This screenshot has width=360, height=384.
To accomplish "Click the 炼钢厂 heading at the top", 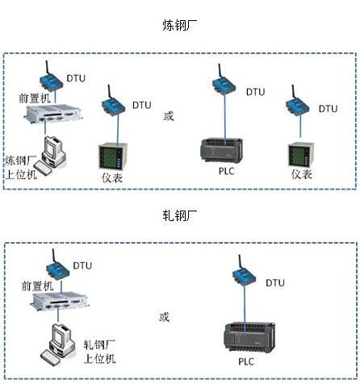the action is coord(179,25).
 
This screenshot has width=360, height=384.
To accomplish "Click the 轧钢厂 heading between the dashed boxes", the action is coord(179,215).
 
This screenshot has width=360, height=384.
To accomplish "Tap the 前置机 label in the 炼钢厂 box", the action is coord(35,98).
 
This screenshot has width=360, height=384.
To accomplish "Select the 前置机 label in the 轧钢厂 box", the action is coord(37,286).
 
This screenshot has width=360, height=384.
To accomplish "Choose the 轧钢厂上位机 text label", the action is coord(99,352).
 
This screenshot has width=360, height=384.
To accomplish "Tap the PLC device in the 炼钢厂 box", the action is coord(221,151).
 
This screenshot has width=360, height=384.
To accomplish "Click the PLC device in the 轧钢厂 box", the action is coord(249,337).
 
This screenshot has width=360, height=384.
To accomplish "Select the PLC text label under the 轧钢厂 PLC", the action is coord(246,361).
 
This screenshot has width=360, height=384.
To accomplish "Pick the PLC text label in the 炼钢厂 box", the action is coord(226,171).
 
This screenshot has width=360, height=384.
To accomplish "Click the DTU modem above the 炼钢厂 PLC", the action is coord(224,81).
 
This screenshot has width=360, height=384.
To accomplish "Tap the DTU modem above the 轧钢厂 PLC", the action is coord(244,271).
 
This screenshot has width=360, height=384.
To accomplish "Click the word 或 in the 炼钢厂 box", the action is coord(169,116).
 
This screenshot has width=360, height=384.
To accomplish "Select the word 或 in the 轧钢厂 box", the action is coord(164,317).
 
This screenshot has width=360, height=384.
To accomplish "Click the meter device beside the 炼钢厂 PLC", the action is coord(301,155).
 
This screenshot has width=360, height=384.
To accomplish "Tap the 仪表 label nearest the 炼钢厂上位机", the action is coord(112,177).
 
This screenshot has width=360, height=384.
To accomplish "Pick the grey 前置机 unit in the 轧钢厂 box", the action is coord(60,303).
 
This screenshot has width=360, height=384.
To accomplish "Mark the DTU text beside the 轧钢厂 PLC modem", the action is coord(275,283).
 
